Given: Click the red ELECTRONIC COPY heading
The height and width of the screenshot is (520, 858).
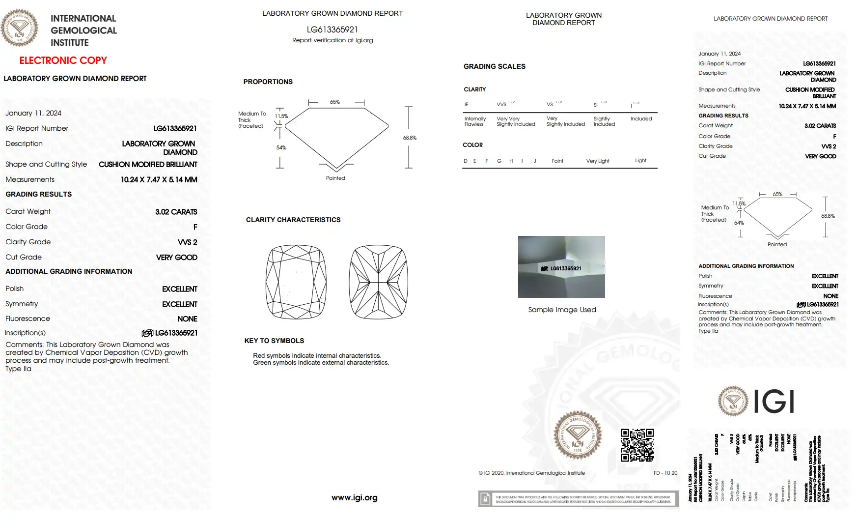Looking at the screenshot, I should click(x=63, y=60).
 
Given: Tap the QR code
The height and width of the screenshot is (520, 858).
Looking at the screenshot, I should click(x=637, y=445).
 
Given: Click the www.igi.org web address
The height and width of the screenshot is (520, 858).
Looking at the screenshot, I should click(x=354, y=497).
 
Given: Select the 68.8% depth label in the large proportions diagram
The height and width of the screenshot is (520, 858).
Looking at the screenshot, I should click(x=410, y=138).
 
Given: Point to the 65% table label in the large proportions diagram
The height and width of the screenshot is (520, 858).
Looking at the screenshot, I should click(x=334, y=102).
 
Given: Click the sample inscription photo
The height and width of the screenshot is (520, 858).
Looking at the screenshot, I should click(x=561, y=266).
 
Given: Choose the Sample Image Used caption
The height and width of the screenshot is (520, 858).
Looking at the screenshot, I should click(x=562, y=310).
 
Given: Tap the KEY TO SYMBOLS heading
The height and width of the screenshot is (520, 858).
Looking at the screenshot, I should click(x=274, y=341).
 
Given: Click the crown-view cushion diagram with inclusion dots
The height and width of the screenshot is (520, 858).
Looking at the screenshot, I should click(x=296, y=282).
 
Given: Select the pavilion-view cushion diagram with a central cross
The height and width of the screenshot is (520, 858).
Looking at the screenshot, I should click(x=379, y=282).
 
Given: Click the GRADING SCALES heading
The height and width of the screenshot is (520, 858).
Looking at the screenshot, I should click(x=494, y=66).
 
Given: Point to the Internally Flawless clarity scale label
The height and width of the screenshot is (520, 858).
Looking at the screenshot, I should click(x=475, y=121).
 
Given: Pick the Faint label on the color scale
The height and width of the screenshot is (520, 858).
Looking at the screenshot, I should click(x=557, y=161).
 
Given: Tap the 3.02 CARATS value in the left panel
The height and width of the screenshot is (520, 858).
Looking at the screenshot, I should click(x=176, y=212).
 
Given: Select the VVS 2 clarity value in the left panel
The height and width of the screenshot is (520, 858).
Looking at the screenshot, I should click(x=187, y=242).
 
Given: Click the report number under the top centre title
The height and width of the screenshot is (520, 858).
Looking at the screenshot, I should click(x=332, y=29).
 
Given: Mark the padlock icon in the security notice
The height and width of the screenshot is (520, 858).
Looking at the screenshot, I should click(x=485, y=499).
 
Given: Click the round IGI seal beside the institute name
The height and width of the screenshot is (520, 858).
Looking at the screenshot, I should click(x=20, y=28).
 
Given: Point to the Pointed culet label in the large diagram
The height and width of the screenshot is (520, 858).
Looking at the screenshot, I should click(x=335, y=178).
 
